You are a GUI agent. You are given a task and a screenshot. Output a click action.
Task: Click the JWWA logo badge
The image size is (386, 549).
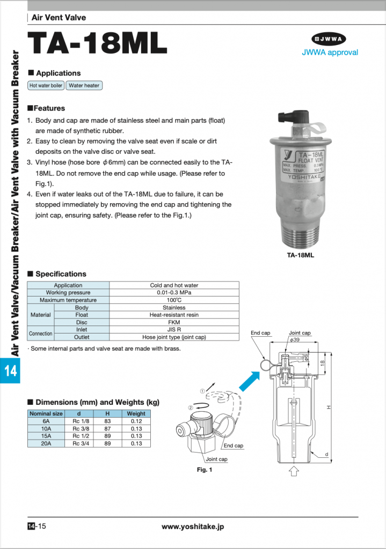(x=330, y=39)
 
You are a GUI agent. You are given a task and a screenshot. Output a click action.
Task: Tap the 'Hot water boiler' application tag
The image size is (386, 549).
(x=46, y=85)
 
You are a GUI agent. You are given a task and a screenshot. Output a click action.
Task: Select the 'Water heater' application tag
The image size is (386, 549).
(x=84, y=85)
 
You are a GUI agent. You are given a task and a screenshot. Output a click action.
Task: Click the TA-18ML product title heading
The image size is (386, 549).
(x=97, y=43)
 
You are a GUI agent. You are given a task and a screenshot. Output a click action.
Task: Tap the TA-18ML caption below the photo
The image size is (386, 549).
(x=301, y=255)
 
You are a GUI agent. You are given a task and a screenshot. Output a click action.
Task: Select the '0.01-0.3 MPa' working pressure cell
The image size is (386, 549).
(x=174, y=293)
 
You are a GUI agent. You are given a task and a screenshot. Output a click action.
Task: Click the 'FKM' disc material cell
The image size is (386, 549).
(x=174, y=322)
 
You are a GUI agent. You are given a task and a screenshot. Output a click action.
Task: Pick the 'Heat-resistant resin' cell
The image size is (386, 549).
(x=174, y=315)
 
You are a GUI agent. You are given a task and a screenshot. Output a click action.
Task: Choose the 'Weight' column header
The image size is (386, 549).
(x=136, y=413)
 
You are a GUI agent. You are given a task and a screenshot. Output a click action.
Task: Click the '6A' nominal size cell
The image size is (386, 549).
(x=46, y=421)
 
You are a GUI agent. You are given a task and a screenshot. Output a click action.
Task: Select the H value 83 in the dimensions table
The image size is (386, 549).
(x=107, y=421)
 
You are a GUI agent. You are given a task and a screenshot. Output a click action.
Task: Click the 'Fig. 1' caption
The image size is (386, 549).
(x=205, y=470)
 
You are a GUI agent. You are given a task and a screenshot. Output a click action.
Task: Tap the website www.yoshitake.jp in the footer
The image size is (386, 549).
(x=193, y=526)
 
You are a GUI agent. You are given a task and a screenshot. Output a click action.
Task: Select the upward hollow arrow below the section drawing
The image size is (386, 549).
(x=294, y=471)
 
